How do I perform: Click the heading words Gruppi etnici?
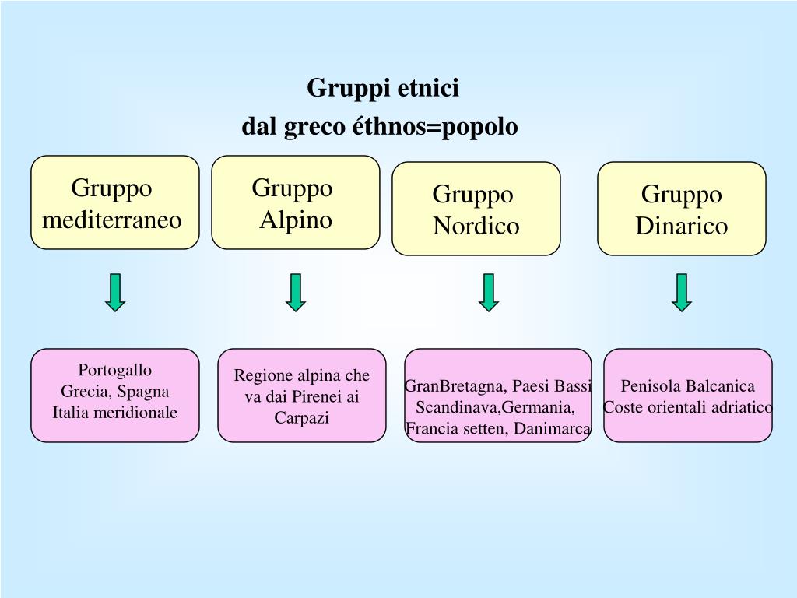tap(383, 87)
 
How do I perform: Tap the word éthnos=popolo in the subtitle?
tap(435, 126)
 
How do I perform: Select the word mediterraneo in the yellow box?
tap(112, 220)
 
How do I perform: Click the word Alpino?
tap(296, 220)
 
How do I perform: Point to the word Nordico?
tap(476, 227)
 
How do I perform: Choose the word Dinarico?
tap(681, 227)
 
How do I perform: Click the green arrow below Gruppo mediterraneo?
tap(115, 293)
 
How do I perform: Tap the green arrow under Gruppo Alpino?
tap(295, 293)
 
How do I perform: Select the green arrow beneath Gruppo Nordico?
tap(488, 293)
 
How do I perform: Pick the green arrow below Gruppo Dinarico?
tap(682, 293)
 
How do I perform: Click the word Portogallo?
tap(115, 370)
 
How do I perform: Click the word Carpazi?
tap(302, 418)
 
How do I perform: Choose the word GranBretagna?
tap(455, 386)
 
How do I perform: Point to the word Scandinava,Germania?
tap(496, 407)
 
